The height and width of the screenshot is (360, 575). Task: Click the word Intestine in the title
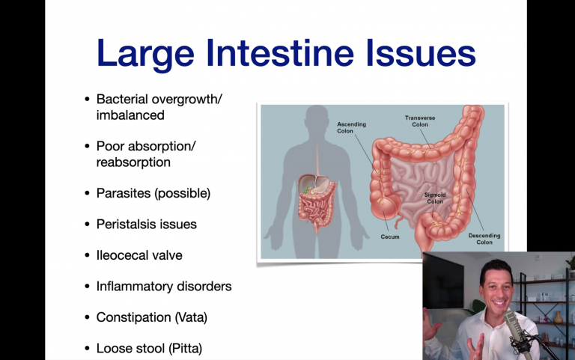(280, 53)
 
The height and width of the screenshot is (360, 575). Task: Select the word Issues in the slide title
(421, 53)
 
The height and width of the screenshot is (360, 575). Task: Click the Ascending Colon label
(351, 127)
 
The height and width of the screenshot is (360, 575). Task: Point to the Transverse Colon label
(420, 121)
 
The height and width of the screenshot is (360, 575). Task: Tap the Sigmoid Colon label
(435, 198)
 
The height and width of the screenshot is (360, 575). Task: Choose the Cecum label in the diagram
(390, 237)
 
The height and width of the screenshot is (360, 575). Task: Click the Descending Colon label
(484, 239)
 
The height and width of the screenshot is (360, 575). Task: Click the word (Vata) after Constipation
(191, 317)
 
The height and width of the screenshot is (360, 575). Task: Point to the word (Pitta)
(185, 348)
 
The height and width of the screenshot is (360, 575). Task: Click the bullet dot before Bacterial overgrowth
(87, 99)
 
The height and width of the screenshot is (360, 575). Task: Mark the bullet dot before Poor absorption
(87, 146)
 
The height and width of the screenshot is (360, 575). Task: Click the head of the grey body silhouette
(317, 118)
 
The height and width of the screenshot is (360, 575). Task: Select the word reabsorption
(133, 162)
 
